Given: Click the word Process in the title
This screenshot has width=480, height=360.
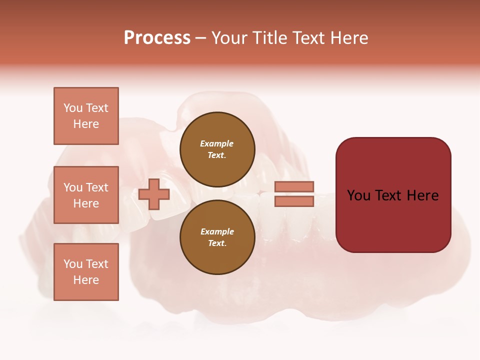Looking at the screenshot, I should coord(157,38).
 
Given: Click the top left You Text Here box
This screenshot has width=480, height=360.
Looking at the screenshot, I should coord(86,116).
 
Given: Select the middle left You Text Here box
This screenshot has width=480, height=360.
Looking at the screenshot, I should coord(86,195).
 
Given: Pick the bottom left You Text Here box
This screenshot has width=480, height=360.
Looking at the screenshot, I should coord(86,272).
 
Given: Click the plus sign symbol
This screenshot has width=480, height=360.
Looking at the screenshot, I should coord(154,194).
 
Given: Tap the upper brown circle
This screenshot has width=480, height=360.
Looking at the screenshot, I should coord(217,149).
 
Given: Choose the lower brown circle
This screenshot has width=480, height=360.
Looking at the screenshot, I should coord(217,237).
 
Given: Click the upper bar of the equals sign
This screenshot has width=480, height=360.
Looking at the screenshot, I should coord(294,186).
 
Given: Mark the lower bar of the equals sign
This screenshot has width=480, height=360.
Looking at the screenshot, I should coord(294,201).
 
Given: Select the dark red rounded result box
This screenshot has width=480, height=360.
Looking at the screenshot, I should coord(393,195).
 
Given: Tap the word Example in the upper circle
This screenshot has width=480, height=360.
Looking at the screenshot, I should coord(217,144).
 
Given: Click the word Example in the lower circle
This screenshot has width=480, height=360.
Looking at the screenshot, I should coord(217,232).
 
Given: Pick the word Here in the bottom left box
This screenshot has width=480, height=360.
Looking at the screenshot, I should coord(86,280).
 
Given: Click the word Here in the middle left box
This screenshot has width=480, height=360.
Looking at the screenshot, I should coord(86,203).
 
